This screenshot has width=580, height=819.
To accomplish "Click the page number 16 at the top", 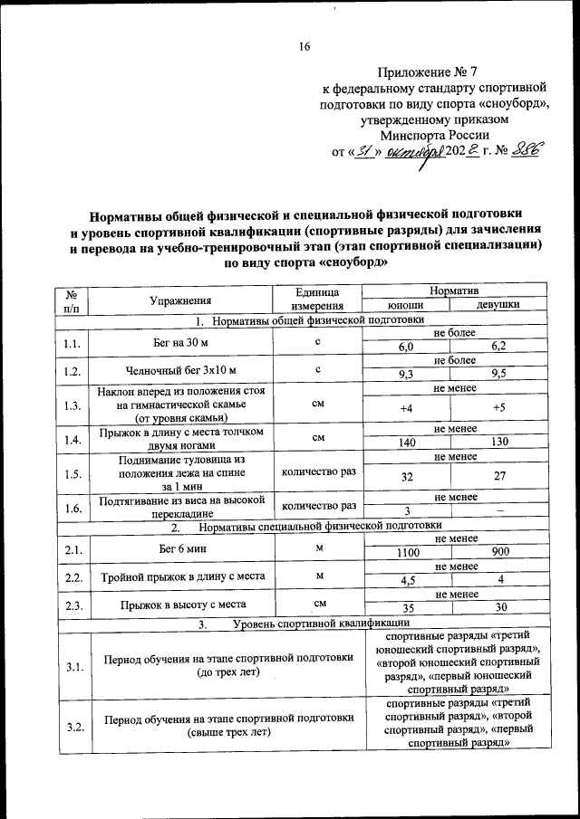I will click(305, 48).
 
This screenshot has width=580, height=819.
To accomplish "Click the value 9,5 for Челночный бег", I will click(498, 374).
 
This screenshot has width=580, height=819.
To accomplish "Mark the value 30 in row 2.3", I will click(498, 609).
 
